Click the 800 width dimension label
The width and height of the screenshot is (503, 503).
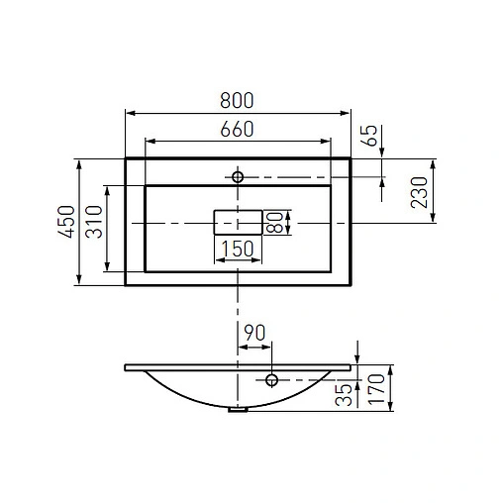238,100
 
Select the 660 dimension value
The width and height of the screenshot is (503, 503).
238,129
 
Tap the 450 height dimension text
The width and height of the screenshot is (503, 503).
66,223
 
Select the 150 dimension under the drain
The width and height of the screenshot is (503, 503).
238,250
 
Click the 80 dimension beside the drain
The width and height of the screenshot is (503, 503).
278,222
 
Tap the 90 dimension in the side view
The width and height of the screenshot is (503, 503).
254,333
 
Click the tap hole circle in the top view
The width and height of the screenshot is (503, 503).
238,176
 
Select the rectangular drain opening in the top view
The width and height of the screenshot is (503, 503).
238,222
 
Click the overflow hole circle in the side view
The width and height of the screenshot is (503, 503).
270,378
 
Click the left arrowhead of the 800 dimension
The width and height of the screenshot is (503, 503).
128,113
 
